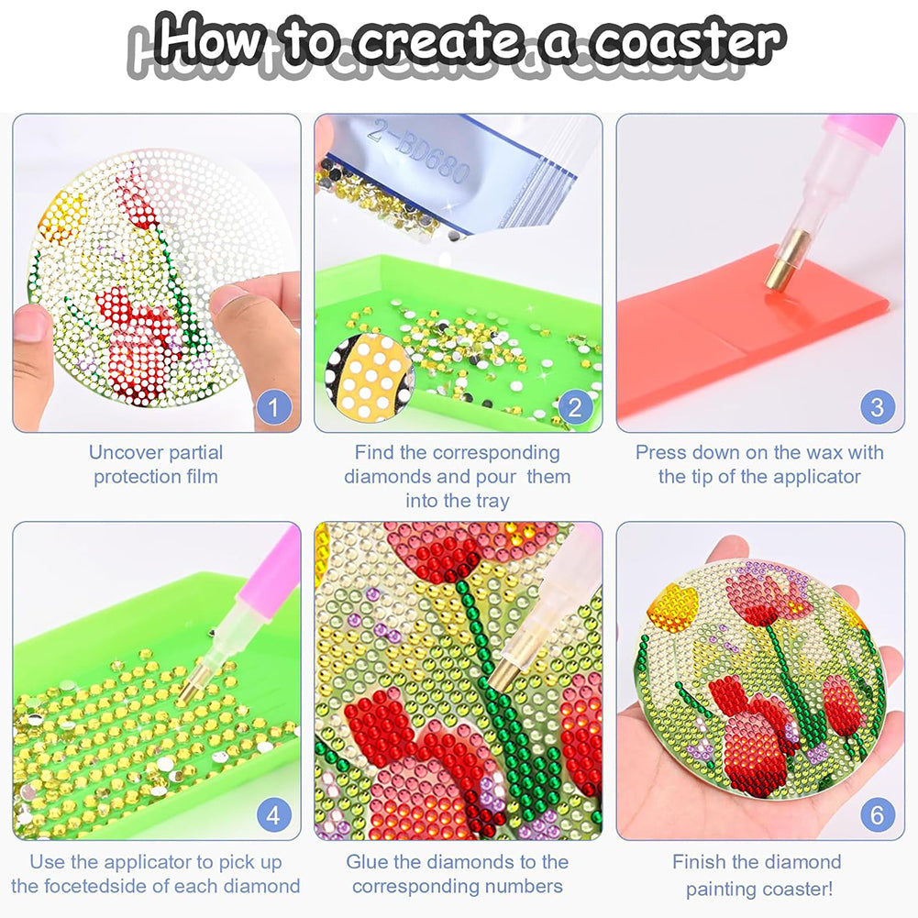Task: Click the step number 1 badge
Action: click(x=273, y=405)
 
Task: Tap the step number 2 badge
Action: click(x=575, y=405)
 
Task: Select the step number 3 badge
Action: click(x=877, y=405)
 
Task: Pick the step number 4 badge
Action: click(x=273, y=813)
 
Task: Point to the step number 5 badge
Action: click(x=575, y=813)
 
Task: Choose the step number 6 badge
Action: click(x=877, y=813)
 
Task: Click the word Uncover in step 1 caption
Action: click(x=122, y=452)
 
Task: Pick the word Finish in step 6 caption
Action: click(x=703, y=862)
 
